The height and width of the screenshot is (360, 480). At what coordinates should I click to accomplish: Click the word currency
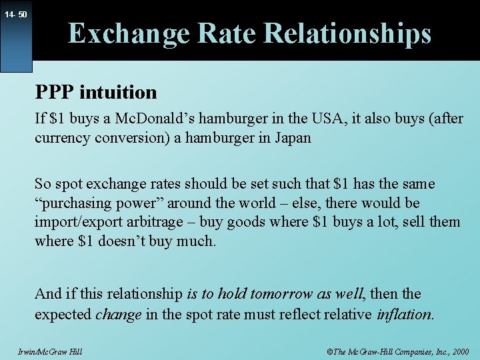tap(61, 139)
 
